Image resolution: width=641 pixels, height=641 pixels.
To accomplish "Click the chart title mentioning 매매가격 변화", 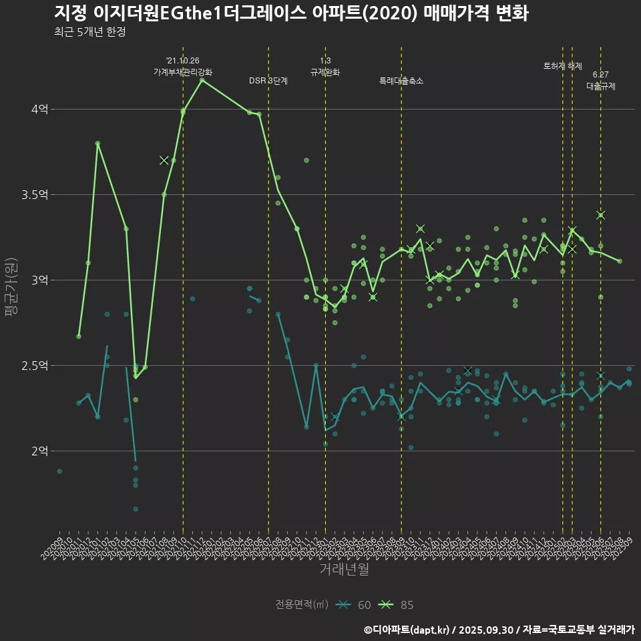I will point(291,13).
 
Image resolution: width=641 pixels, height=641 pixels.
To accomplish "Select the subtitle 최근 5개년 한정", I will point(90,32).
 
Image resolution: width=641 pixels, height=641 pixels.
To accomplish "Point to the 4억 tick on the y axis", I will point(40,109).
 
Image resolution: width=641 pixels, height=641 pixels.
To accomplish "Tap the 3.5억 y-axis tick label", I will point(36,194).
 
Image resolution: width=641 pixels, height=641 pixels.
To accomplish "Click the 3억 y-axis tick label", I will point(40,280).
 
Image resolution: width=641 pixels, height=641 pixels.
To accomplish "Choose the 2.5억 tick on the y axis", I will point(36,365).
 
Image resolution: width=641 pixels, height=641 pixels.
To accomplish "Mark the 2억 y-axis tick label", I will point(40,451).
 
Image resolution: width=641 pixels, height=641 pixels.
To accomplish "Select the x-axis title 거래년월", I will point(344,569).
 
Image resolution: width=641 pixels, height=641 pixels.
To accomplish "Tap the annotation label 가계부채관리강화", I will point(183,71).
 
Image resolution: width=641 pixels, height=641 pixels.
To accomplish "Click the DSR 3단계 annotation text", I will point(268,81).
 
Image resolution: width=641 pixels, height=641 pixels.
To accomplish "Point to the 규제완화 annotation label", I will point(325,71).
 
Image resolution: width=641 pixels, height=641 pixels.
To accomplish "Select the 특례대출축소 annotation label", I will point(401,81).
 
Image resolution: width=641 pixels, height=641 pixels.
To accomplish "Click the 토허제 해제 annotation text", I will point(562,66).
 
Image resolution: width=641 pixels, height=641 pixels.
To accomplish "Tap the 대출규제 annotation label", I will point(601,86).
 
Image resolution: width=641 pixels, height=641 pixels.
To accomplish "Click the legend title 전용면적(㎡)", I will point(302,605).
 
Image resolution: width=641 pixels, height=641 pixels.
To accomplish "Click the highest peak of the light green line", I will point(202,79).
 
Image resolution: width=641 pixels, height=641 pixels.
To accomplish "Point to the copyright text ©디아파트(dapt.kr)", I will point(407,629).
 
